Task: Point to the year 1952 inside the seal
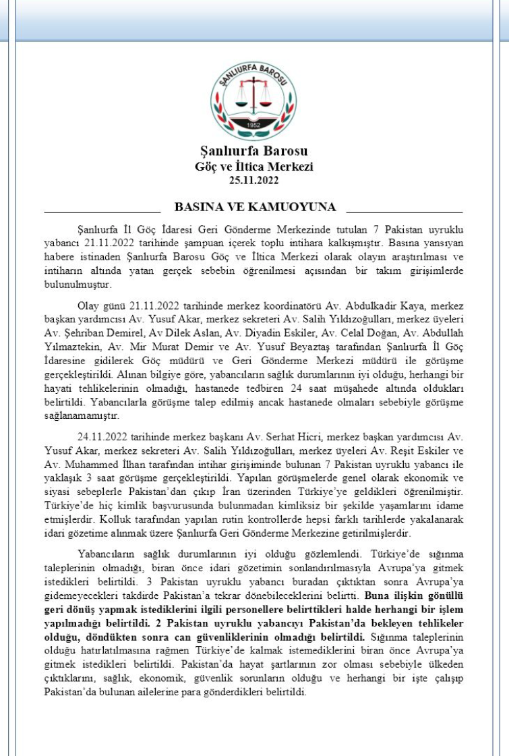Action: point(253,125)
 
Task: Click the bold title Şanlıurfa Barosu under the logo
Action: point(253,150)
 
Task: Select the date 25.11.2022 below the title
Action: point(253,180)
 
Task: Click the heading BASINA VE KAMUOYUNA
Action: point(255,206)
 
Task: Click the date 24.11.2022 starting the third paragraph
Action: point(102,437)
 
